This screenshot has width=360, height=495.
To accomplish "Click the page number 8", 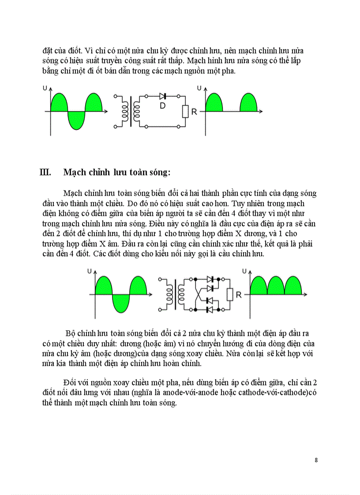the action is [x=316, y=460].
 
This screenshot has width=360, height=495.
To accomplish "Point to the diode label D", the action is [x=162, y=106].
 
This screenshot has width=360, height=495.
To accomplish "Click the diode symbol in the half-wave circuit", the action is [x=162, y=96].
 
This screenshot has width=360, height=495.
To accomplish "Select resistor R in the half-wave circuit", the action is [x=185, y=112].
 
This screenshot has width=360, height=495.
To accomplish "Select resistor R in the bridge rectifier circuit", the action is [x=229, y=294].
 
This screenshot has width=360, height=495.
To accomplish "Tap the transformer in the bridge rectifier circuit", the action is [x=174, y=294].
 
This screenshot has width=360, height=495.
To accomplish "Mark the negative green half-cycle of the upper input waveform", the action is [x=76, y=120].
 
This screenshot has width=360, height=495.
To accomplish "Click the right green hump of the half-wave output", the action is [x=248, y=104].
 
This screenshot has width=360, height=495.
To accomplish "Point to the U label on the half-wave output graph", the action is [x=199, y=89].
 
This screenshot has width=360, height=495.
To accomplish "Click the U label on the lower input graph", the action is [x=89, y=272].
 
